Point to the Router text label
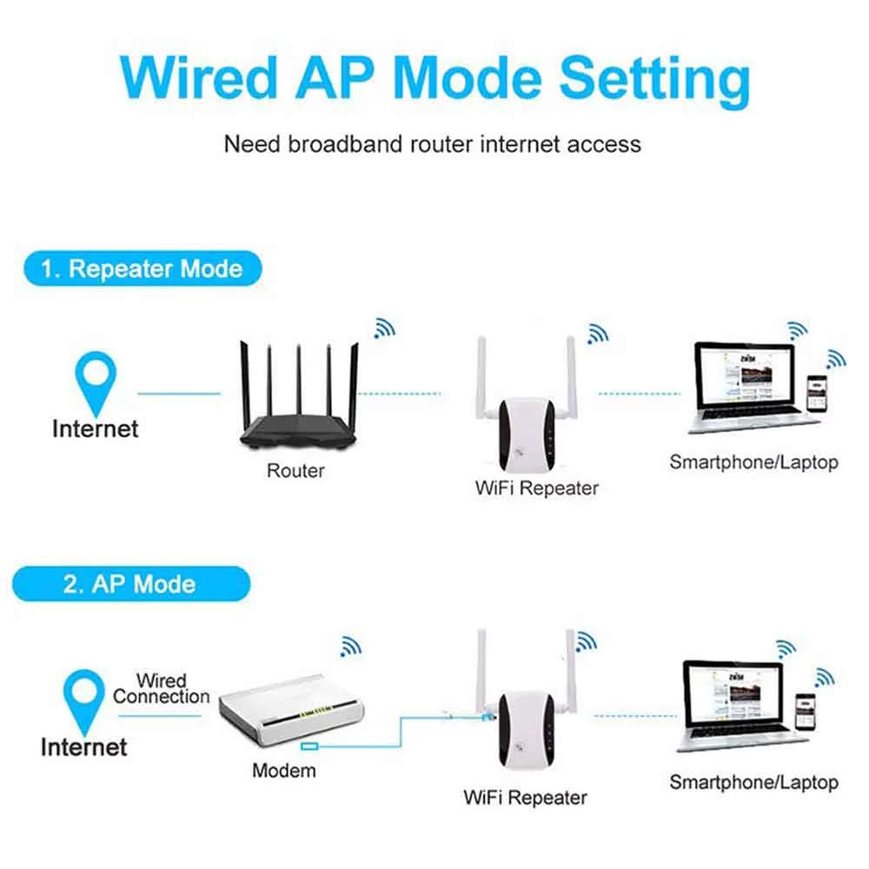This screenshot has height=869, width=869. click(x=295, y=471)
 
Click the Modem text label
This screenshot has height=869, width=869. click(x=284, y=770)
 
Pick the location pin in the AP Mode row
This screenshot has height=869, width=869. click(x=83, y=696)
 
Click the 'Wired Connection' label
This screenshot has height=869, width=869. click(x=162, y=688)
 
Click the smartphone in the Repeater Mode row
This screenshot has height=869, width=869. click(x=816, y=394)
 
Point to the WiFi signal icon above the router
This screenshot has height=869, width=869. click(x=383, y=327)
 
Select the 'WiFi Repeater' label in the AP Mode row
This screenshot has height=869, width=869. click(x=525, y=797)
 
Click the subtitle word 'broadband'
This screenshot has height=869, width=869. click(x=358, y=143)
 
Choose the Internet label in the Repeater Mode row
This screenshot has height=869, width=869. click(x=95, y=428)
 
